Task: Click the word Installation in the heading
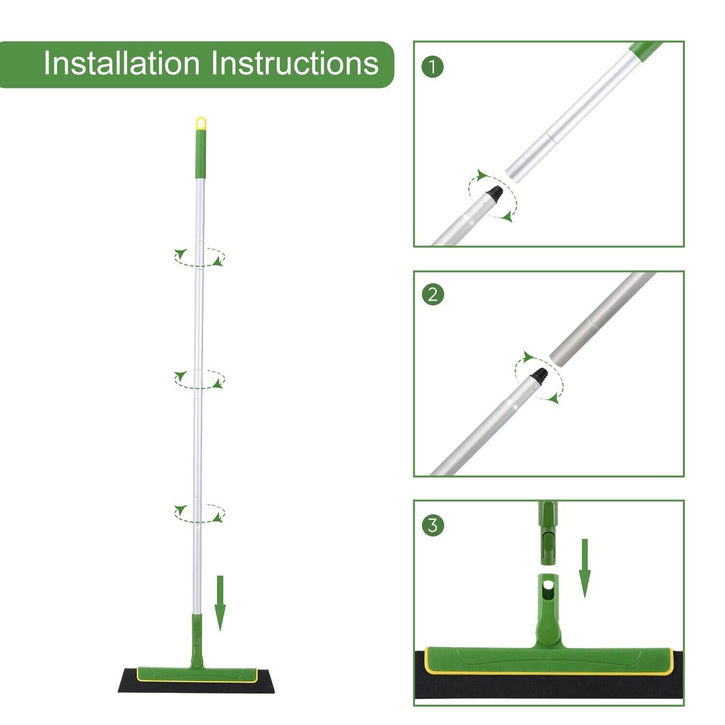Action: tap(121, 64)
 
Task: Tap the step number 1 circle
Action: tap(433, 67)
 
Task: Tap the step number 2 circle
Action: tap(433, 294)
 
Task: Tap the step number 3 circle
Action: tap(433, 525)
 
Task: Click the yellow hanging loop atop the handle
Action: tap(201, 123)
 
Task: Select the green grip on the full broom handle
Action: tap(201, 154)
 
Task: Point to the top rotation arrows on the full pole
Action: tap(200, 257)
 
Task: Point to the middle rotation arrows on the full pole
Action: tap(200, 379)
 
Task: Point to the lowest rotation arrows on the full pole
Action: tap(200, 513)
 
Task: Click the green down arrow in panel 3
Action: tap(585, 568)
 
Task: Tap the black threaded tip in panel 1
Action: tap(495, 193)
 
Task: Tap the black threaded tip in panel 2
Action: tap(540, 374)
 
